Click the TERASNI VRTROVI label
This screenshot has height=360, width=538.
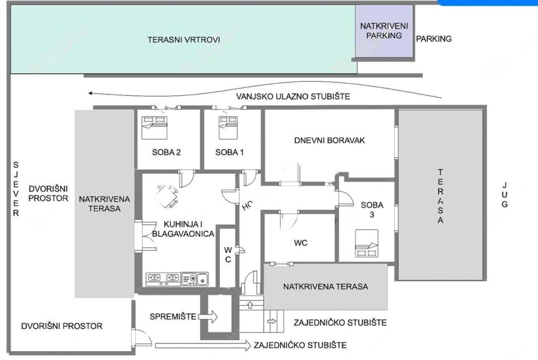pos(184,40)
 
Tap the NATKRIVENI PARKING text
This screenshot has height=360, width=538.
pos(384,30)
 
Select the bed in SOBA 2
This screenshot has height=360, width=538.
pos(154,127)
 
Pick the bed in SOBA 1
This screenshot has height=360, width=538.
pos(228,127)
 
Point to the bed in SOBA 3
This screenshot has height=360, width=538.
pos(367,243)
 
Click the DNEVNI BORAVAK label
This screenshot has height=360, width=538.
pos(329,140)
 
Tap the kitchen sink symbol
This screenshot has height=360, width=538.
pos(195,279)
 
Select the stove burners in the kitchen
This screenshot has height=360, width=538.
pos(163,279)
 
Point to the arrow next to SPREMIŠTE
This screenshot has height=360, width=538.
pos(208,316)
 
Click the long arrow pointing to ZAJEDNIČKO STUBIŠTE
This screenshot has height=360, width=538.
pos(203,345)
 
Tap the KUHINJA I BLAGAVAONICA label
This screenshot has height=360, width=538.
pos(183,229)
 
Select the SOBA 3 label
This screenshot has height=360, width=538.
pos(372,210)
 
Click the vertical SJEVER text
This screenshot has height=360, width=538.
pos(16,189)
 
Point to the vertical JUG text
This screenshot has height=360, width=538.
pos(504,195)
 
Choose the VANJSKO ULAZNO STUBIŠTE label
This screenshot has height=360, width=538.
pos(293,96)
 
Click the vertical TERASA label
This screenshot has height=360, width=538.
pos(440,196)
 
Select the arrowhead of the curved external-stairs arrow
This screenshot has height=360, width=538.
pos(91,93)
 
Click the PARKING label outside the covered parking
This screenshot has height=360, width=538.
pos(434,39)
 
